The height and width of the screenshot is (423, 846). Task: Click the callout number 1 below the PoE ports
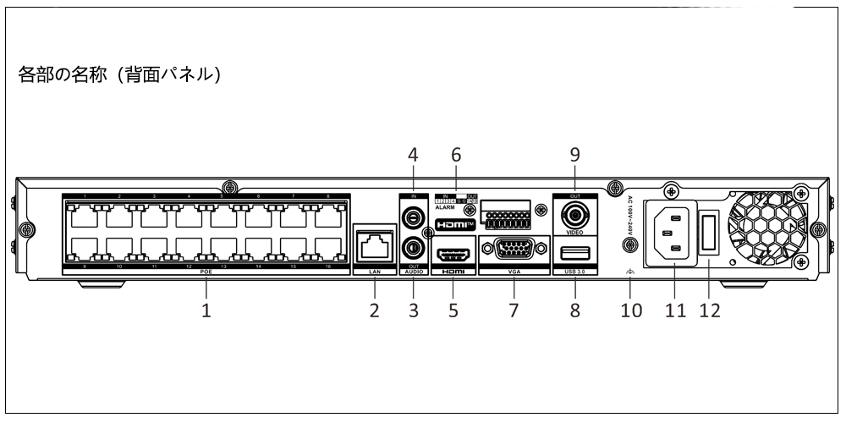pos(206,310)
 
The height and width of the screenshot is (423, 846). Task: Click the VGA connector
pos(513,251)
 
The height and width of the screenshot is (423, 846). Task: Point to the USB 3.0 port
pos(574,252)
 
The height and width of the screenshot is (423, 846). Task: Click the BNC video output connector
pos(574,212)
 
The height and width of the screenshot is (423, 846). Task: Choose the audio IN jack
pos(414,217)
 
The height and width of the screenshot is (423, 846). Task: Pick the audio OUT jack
pos(414,248)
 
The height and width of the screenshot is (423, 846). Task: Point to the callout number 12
pos(709,310)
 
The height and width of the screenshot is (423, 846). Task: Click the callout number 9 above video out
pos(574,156)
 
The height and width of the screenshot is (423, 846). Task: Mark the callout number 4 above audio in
pos(414,156)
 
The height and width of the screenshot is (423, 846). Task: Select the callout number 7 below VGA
pos(513,310)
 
